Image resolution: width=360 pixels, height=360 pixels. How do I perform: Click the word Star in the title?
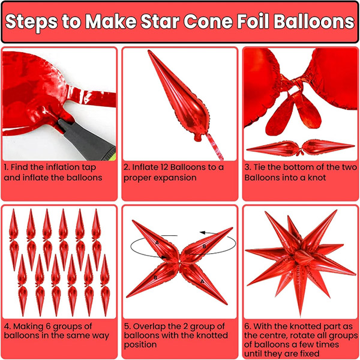[160, 22]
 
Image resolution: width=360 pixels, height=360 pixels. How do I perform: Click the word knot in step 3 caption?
[317, 178]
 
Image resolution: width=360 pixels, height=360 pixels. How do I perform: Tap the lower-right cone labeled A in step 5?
[203, 283]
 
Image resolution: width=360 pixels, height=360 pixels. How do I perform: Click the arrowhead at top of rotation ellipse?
[203, 233]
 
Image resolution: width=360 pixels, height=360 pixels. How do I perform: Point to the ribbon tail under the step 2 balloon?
[215, 147]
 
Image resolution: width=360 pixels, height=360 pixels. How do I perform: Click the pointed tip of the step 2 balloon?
[149, 51]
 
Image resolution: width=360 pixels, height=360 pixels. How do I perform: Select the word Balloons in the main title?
[314, 22]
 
